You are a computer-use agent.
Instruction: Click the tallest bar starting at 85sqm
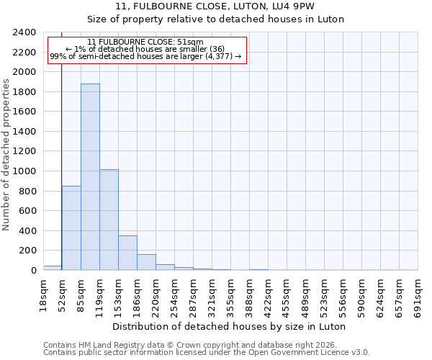click(x=90, y=176)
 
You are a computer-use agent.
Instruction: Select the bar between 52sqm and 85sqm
click(x=71, y=228)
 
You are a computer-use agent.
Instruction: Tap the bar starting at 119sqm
click(x=109, y=220)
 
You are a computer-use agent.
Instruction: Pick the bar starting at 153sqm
click(x=127, y=253)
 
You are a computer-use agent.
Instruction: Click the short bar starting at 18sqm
click(x=53, y=268)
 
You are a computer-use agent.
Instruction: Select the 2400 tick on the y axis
click(x=24, y=32)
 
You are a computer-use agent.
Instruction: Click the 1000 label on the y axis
click(x=24, y=171)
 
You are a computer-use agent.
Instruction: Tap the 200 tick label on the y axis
click(x=27, y=251)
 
